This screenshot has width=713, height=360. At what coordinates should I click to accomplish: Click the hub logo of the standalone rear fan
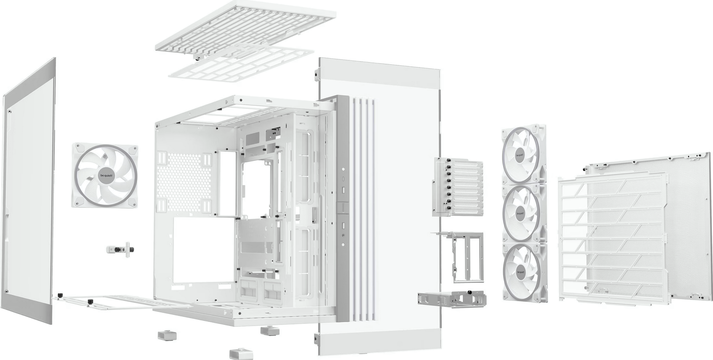point(105,175)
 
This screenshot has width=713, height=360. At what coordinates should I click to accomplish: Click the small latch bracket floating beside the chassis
point(121,249)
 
